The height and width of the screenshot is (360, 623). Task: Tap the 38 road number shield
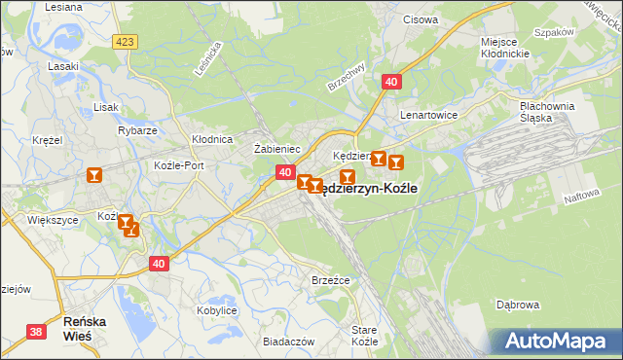click(36, 332)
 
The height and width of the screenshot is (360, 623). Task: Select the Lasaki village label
click(62, 67)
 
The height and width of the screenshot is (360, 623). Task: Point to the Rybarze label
click(137, 130)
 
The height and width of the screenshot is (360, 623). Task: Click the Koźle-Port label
click(179, 165)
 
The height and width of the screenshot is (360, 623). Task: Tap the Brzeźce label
click(330, 279)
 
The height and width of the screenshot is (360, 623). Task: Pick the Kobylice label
click(217, 310)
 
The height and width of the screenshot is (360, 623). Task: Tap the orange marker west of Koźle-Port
click(94, 175)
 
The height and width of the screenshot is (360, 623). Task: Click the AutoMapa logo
click(558, 341)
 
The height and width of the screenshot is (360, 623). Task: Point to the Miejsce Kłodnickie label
click(504, 49)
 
